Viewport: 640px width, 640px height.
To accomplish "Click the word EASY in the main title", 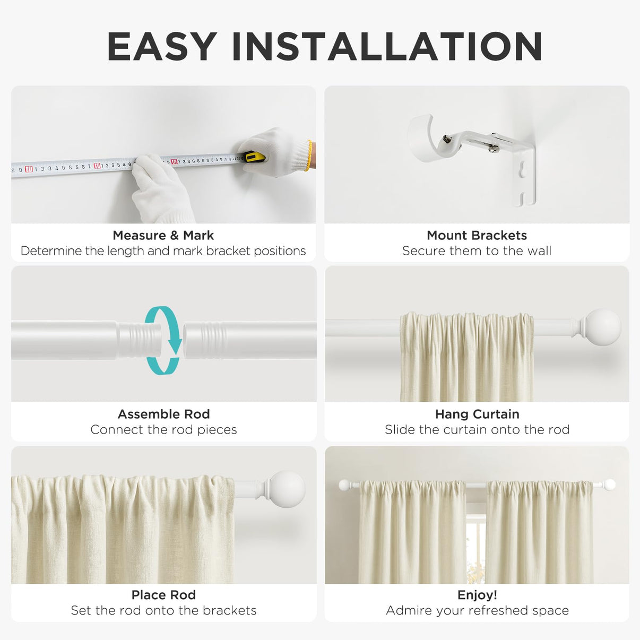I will [162, 47].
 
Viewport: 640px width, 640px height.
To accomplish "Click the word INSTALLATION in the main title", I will [387, 47].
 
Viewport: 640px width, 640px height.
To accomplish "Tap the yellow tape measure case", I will [254, 157].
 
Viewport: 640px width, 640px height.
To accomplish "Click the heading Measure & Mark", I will [163, 235].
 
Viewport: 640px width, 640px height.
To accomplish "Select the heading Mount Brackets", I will [477, 235].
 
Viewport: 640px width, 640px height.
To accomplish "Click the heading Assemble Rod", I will [163, 414].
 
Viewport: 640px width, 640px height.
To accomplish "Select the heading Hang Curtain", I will [477, 414].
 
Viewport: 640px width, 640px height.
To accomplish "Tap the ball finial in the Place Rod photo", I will [287, 489].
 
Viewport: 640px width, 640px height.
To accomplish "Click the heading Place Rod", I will [163, 595].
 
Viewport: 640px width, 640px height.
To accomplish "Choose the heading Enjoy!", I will [477, 595].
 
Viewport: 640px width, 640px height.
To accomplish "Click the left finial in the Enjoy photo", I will [344, 485].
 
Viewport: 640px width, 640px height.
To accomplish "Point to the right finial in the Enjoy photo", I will [610, 484].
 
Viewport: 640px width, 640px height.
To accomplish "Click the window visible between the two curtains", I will [476, 547].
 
